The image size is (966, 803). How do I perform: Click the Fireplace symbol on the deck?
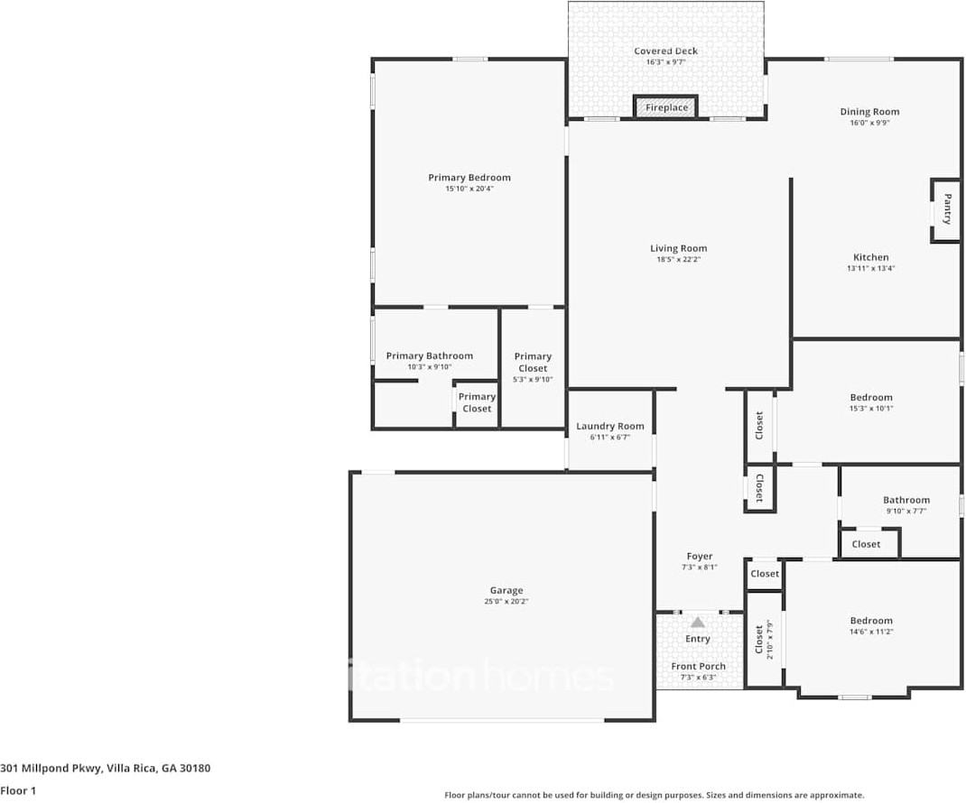tap(666, 107)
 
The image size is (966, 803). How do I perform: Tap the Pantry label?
tap(947, 208)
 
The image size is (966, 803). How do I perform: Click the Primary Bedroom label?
tap(469, 178)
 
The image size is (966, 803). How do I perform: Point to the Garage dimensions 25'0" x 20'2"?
tap(506, 602)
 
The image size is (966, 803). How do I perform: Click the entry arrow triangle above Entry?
tap(697, 622)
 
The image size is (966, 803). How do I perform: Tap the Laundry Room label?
tap(610, 426)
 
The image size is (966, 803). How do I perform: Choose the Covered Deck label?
tap(665, 51)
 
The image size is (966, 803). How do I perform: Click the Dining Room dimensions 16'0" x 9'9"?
tap(869, 124)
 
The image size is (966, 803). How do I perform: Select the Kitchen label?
tap(871, 257)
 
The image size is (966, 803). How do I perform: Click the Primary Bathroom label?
tap(430, 355)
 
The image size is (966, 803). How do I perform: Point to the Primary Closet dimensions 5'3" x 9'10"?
tap(533, 379)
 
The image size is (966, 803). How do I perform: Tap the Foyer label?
tap(699, 557)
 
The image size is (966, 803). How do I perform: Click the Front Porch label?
tap(698, 667)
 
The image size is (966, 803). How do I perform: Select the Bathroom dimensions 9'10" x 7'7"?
tap(906, 512)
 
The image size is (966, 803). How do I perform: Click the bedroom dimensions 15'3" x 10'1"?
tap(871, 409)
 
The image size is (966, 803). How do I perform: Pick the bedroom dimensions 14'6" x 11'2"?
tap(871, 632)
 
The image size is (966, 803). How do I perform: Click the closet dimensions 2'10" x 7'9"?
tap(770, 639)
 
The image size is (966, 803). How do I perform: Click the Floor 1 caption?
tap(19, 790)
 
